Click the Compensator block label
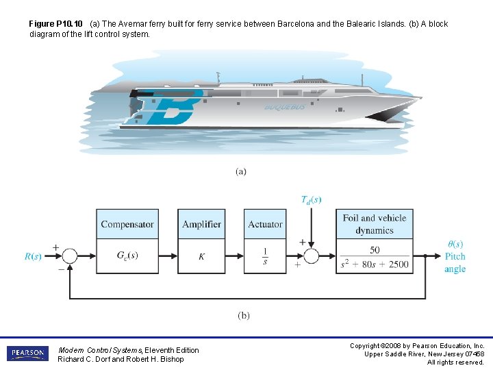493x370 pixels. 127,224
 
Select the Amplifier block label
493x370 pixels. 201,224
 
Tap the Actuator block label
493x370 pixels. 265,224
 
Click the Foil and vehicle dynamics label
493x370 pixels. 375,224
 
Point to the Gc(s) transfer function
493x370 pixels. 127,256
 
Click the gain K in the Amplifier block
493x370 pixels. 201,257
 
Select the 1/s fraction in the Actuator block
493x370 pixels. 265,257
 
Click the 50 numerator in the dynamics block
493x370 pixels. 375,250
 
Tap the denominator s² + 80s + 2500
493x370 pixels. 375,264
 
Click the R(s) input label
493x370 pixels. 34,256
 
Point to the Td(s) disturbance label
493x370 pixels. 311,200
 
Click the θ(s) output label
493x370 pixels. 455,244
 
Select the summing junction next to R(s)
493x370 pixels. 69,256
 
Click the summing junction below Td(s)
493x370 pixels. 311,256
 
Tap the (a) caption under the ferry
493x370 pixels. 241,171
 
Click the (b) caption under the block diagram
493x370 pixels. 244,315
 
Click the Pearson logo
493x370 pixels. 28,354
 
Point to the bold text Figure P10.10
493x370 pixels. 55,24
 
